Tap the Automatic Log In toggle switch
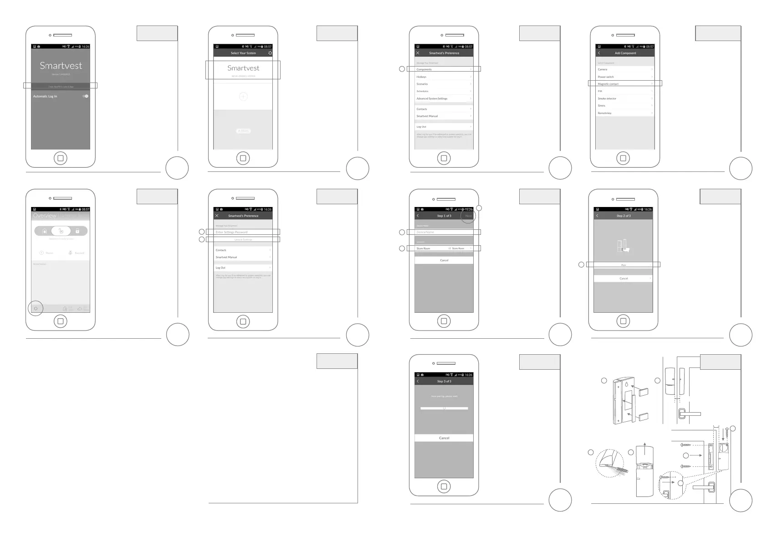coord(85,96)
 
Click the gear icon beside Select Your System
coord(270,53)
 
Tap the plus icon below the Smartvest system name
coord(243,96)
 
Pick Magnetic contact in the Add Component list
coord(624,84)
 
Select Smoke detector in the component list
coord(624,98)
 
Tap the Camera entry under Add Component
coord(624,69)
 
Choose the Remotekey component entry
coord(624,113)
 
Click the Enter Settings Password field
coord(243,232)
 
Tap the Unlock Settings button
coord(243,239)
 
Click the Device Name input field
coord(444,232)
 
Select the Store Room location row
coord(444,248)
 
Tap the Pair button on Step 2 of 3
coord(623,264)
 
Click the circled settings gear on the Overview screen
coord(36,309)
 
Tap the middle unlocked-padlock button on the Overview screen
coord(61,231)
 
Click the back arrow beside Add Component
coord(599,53)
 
